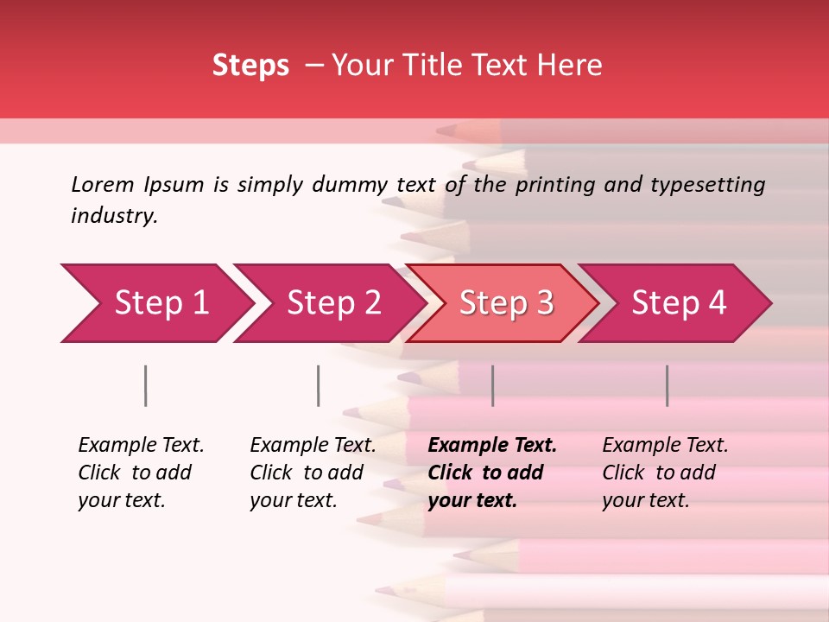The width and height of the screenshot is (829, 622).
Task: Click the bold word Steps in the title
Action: point(250,66)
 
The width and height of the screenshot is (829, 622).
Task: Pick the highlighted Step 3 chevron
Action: point(506,303)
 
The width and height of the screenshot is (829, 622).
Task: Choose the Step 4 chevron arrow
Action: point(679,303)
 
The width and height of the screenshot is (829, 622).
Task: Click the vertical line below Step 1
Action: point(146,385)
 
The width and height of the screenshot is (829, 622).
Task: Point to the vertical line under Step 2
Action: point(319,385)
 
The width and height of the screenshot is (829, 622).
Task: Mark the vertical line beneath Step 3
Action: point(492,385)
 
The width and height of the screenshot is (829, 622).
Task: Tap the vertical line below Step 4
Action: point(667,385)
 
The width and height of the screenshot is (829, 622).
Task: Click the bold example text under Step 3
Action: point(492,473)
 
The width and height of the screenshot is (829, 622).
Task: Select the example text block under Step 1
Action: point(141,473)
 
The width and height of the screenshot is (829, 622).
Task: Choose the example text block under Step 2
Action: point(313,473)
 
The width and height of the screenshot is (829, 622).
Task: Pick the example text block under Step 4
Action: point(665,473)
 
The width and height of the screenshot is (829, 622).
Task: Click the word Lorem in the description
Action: point(102,184)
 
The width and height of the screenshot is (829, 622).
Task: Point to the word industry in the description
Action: point(114,216)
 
